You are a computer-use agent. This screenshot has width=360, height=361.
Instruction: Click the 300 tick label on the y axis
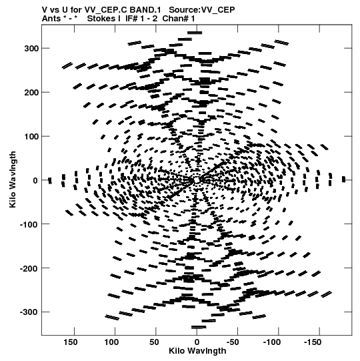[x=31, y=49]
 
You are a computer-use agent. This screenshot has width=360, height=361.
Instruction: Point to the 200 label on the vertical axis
[x=31, y=93]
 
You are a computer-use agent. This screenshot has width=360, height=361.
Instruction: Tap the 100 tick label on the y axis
[x=31, y=137]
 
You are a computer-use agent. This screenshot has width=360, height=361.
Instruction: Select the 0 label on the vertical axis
[x=35, y=180]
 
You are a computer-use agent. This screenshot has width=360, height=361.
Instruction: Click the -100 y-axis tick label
[x=29, y=224]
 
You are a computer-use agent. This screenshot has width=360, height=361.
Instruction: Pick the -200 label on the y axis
[x=29, y=268]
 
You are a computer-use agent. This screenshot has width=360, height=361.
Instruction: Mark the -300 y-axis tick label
[x=29, y=312]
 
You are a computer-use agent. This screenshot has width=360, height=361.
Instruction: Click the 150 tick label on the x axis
[x=71, y=342]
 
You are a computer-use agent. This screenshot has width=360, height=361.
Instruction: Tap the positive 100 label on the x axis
[x=111, y=342]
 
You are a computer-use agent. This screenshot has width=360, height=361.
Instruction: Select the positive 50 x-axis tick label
[x=154, y=342]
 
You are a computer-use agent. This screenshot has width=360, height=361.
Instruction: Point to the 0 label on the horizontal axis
[x=197, y=342]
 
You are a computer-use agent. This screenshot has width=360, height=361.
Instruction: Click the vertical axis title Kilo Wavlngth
[x=13, y=179]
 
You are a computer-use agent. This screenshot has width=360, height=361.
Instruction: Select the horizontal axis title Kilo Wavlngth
[x=197, y=351]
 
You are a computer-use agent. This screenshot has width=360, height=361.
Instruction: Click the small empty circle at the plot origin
[x=197, y=179]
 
